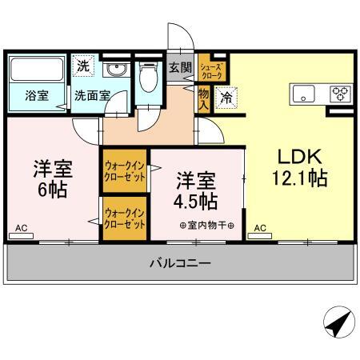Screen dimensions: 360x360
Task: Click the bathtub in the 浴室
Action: coord(37,69)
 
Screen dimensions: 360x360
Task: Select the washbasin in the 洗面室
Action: coord(116,70)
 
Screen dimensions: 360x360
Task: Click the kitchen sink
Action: coord(303,94)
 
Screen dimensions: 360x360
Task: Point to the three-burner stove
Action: coord(341,94)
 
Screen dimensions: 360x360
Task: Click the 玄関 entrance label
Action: coord(180,67)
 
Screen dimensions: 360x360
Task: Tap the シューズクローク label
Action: coord(211,71)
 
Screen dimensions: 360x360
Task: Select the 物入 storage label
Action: coord(204,99)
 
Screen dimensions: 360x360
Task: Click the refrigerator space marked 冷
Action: coord(226,98)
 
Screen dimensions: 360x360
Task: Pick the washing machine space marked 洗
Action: coord(83,66)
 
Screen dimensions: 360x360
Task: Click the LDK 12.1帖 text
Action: coord(300,167)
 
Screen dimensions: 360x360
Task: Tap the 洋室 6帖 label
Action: coord(53,178)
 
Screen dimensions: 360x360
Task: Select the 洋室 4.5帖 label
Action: coord(196,190)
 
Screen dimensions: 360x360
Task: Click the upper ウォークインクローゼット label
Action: coord(125,171)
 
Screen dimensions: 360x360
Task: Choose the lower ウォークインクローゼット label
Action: coord(125,219)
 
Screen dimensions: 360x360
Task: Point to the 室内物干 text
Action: coord(207,226)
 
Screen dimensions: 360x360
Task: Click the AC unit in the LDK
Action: coord(260,236)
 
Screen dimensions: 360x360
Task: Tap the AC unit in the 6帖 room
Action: coord(21,236)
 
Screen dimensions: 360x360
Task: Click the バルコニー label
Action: coord(180,263)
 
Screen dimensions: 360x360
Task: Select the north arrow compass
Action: coord(339,322)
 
